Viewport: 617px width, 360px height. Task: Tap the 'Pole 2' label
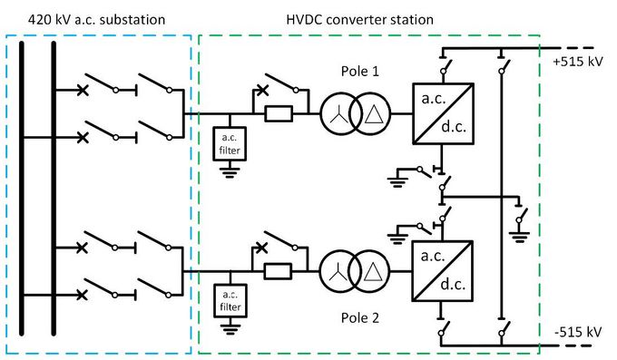(x=353, y=318)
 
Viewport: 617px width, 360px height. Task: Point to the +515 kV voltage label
(x=578, y=63)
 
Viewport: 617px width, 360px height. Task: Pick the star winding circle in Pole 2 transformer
(x=338, y=269)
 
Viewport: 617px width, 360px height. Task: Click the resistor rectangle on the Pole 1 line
(x=277, y=114)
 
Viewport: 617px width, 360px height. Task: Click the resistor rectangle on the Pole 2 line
(x=277, y=269)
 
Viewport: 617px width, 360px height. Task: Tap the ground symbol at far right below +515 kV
(x=519, y=238)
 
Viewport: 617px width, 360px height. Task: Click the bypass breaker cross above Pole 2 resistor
(x=263, y=247)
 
